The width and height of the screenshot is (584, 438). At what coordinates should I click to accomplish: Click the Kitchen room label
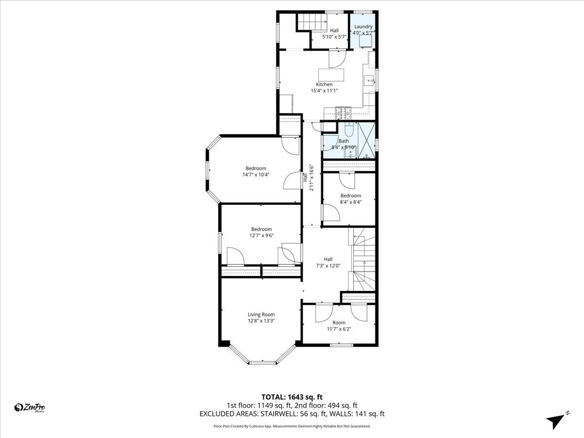pos(324,85)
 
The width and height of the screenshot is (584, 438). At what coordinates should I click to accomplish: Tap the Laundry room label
pos(363,27)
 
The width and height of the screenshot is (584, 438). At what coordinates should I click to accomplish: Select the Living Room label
pos(261,314)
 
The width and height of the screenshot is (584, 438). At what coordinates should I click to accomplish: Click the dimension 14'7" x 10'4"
pos(255,175)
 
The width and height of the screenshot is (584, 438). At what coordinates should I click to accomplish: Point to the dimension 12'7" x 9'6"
pos(261,236)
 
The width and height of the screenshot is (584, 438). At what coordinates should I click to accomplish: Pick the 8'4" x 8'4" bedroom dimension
pos(350,202)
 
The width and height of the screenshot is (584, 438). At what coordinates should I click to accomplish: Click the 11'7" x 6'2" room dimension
pos(339,329)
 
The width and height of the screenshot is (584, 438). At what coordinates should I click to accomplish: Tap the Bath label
pos(344,141)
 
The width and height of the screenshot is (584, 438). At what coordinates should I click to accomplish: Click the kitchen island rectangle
pos(331,75)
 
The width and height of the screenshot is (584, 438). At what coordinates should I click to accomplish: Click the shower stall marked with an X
pos(366,140)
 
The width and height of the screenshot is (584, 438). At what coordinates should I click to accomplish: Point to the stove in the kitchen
pos(344,113)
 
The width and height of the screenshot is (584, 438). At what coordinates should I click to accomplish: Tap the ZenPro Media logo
pos(30,408)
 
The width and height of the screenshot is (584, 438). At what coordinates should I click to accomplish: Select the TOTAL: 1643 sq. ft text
pos(292,397)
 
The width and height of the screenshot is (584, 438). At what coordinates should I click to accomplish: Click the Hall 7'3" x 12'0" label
pos(328,262)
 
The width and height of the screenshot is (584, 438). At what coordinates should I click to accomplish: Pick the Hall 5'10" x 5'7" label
pos(334,34)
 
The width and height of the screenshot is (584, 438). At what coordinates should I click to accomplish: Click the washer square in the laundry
pos(365,42)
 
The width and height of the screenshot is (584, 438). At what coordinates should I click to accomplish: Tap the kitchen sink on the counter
pos(368,81)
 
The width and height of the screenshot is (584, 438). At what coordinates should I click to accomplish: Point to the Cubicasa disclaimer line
pos(292,426)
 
